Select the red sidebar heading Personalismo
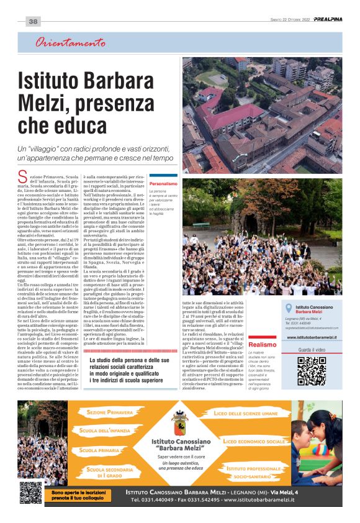pyautogui.click(x=164, y=184)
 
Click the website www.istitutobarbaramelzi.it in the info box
pyautogui.click(x=312, y=337)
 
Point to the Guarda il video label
pyautogui.click(x=312, y=350)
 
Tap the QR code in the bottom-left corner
pyautogui.click(x=30, y=493)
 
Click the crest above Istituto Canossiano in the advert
pyautogui.click(x=179, y=422)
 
